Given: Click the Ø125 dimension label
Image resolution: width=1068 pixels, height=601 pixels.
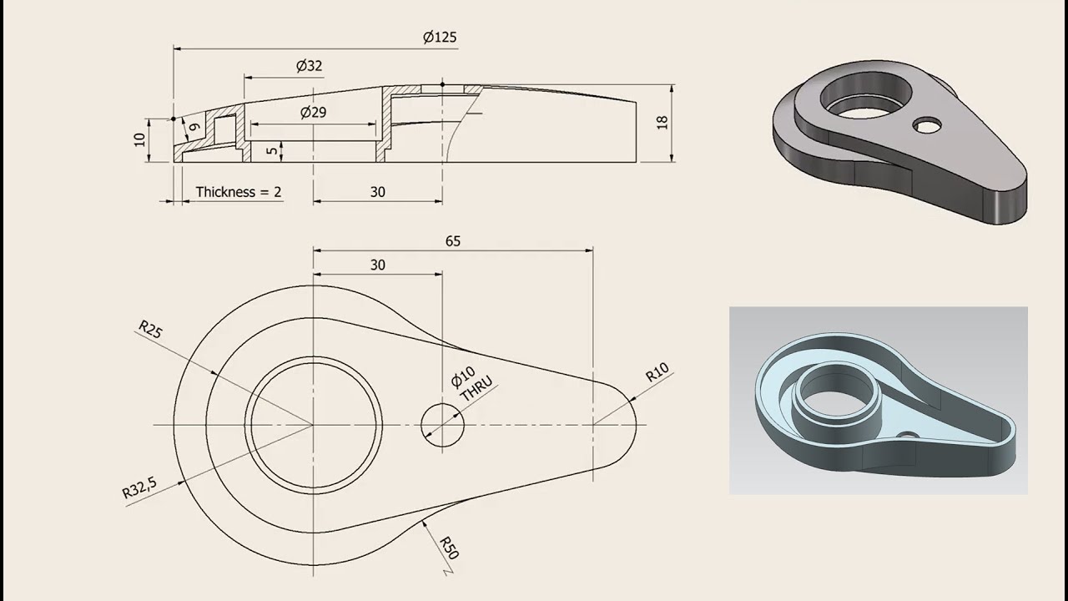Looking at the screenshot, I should point(440,38).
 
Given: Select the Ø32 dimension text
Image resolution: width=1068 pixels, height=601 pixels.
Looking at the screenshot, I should point(309,66).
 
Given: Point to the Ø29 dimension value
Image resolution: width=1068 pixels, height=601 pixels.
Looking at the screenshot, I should point(313,112).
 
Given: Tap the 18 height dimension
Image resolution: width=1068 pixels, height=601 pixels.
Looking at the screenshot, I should point(662,122).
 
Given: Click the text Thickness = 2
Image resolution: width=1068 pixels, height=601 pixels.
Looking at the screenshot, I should point(239,192).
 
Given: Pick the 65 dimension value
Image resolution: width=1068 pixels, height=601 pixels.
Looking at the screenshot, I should point(452,241).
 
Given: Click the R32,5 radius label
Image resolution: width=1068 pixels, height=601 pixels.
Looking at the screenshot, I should point(140,486).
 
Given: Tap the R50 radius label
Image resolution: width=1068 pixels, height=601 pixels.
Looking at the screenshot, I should point(450,548).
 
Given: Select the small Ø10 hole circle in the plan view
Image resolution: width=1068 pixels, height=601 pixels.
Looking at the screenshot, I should point(442,425).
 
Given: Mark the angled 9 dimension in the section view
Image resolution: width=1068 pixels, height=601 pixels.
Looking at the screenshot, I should point(194,128).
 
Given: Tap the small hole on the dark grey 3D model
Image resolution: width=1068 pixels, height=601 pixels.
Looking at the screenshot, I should point(926,125).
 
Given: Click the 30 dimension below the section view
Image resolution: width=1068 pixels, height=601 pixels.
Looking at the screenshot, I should point(377,192).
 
